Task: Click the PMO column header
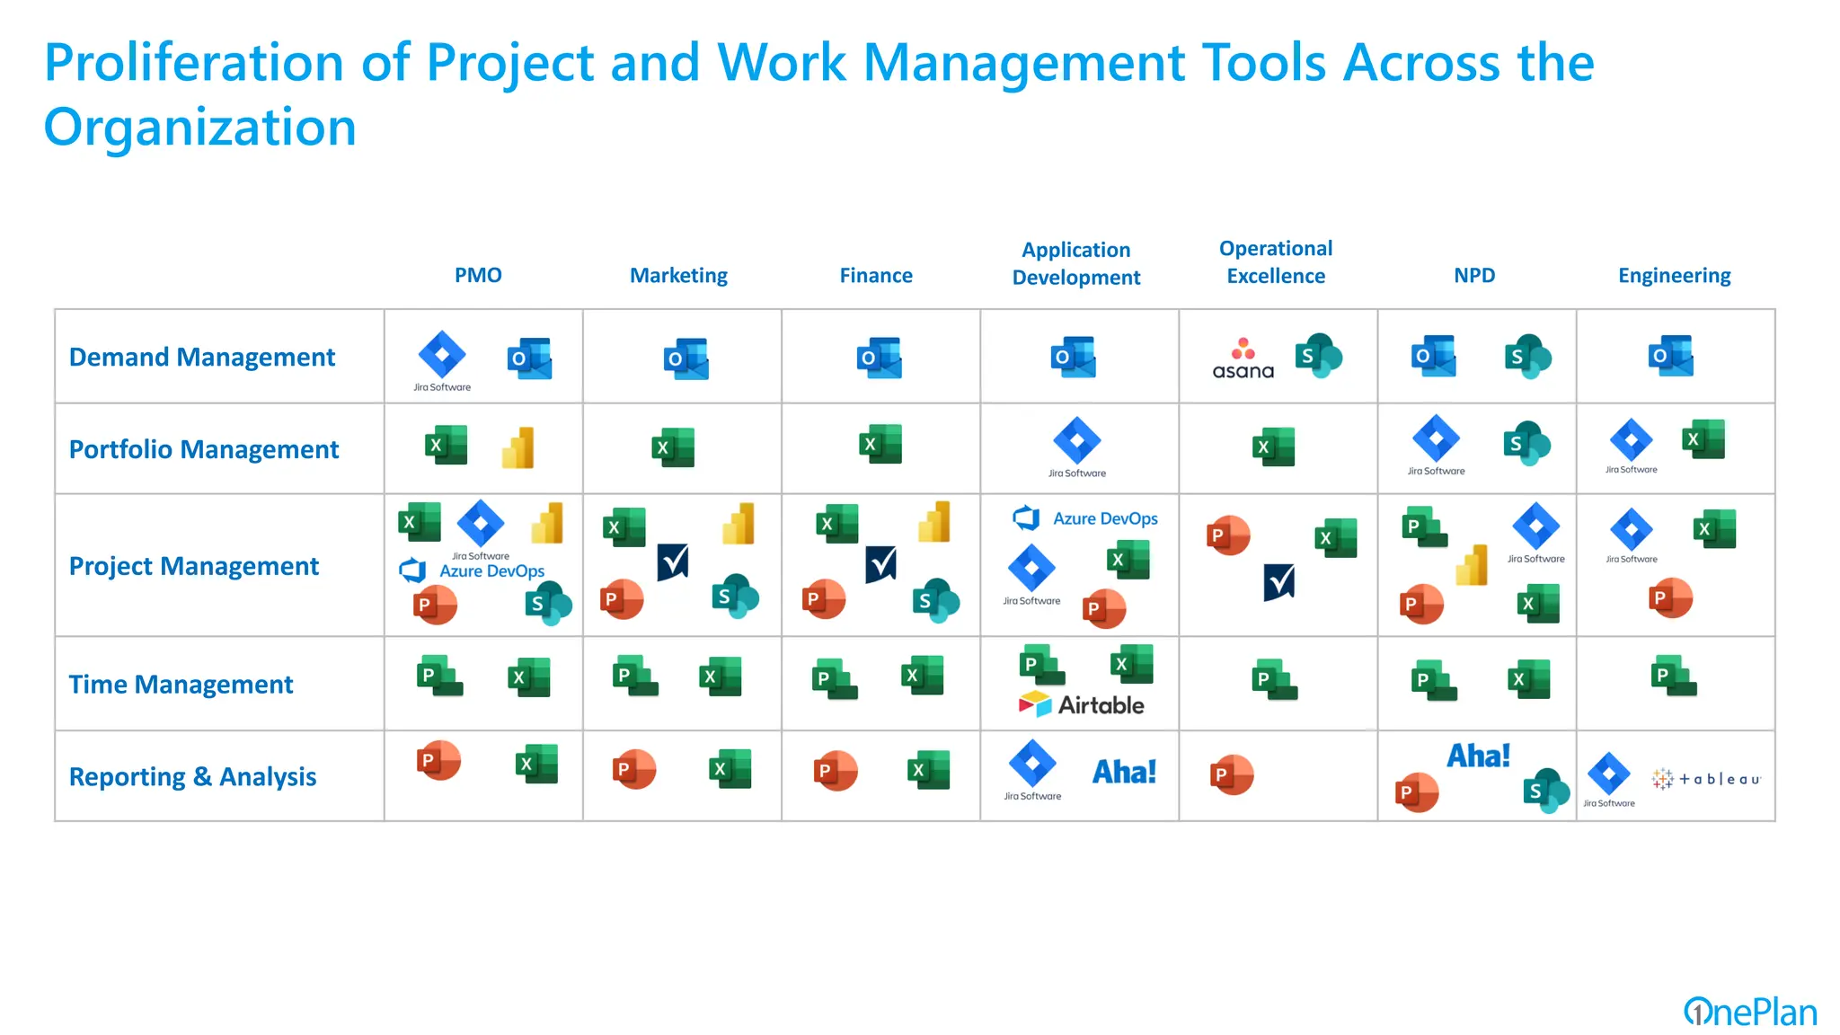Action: coord(478,275)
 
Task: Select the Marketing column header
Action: coord(678,275)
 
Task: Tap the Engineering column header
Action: coord(1674,275)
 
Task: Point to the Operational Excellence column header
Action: coord(1276,261)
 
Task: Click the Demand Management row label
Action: coord(201,357)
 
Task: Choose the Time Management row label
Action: coord(181,684)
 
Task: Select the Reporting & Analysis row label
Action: coord(192,776)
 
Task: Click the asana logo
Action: coord(1243,359)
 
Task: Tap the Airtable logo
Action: coord(1082,704)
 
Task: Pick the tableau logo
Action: coord(1706,779)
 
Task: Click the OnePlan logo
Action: coord(1749,1013)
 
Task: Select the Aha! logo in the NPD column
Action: coord(1478,756)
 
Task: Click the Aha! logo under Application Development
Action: coord(1124,772)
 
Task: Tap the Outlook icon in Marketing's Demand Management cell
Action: coord(686,358)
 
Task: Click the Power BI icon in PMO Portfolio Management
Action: coord(518,447)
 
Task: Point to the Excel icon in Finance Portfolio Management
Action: coord(880,444)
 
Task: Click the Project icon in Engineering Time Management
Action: coord(1673,676)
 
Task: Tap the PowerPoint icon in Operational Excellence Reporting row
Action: coord(1231,774)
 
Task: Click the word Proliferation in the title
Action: coord(194,63)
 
